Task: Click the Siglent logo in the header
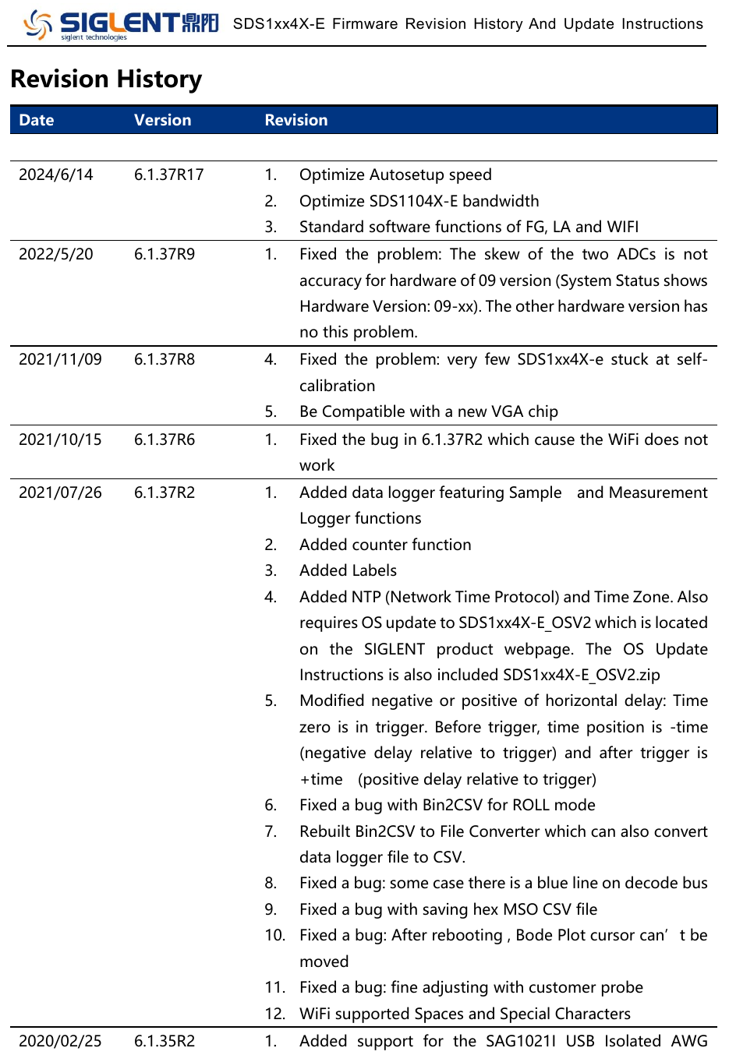click(121, 24)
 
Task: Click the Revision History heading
click(106, 79)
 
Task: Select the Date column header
click(36, 120)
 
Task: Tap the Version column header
click(162, 120)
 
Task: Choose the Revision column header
click(296, 120)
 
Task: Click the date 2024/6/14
click(55, 175)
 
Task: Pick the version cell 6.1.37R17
click(168, 175)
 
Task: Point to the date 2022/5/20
click(55, 254)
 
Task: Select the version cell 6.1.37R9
click(165, 254)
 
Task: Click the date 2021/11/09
click(60, 359)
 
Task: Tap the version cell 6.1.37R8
click(165, 359)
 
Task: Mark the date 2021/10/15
click(60, 439)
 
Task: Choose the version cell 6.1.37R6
click(165, 439)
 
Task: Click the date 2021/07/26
click(60, 492)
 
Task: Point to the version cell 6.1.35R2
click(165, 1041)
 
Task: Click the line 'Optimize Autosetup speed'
click(395, 175)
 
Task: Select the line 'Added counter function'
click(385, 545)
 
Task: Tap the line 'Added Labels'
click(348, 570)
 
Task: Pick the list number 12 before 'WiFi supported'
click(274, 1014)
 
